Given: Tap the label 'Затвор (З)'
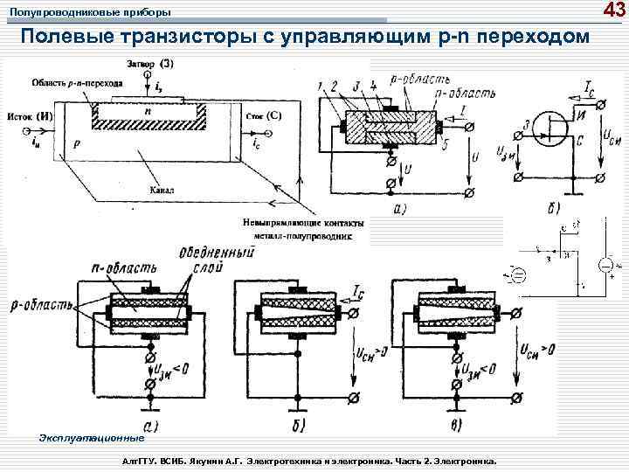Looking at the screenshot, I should (149, 64).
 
